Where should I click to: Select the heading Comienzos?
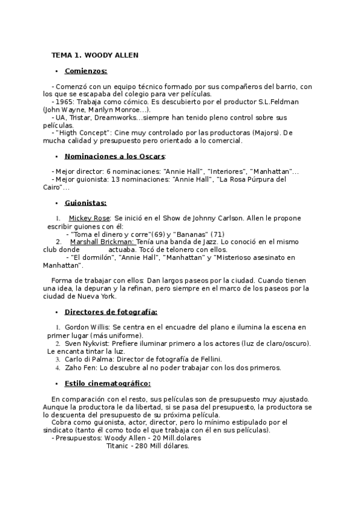pyautogui.click(x=85, y=71)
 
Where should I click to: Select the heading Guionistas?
pyautogui.click(x=85, y=203)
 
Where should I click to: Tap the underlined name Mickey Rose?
pyautogui.click(x=90, y=218)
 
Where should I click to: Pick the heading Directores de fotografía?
pyautogui.click(x=111, y=312)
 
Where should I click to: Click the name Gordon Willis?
pyautogui.click(x=90, y=327)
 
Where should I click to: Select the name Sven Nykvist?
pyautogui.click(x=90, y=343)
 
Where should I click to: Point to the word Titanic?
pyautogui.click(x=117, y=446)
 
